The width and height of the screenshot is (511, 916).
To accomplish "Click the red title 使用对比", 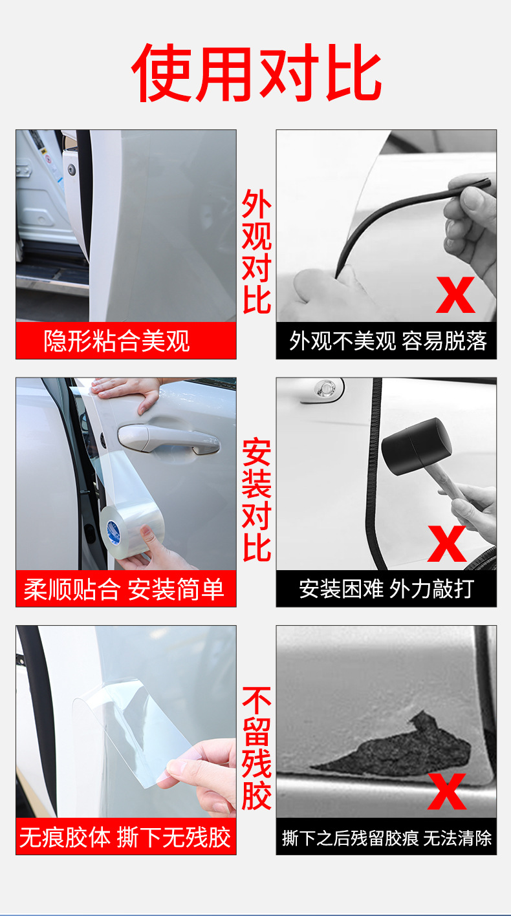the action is point(257,72).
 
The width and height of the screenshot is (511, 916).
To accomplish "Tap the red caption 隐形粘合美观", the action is point(116,341).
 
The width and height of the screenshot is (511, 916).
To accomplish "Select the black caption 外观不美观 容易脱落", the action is point(387,341).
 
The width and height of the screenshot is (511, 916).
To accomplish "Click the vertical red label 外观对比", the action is point(257,251).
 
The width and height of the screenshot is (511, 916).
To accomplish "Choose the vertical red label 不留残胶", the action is point(257,748).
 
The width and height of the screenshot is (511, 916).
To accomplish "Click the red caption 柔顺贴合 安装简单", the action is point(124,590).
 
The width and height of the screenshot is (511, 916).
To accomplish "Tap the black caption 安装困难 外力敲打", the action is point(386,589).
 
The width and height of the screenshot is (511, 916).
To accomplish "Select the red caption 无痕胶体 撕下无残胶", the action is point(125,837).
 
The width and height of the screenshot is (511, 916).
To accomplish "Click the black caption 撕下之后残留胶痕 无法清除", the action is point(387,838).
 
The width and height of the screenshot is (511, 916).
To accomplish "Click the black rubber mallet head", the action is point(417,447).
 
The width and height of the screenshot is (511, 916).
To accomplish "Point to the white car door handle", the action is point(168,439).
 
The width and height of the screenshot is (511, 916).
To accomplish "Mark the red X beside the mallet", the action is point(447,544).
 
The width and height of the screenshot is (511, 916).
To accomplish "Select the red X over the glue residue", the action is point(447,792).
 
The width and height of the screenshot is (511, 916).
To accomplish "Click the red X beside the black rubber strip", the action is point(455,295).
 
